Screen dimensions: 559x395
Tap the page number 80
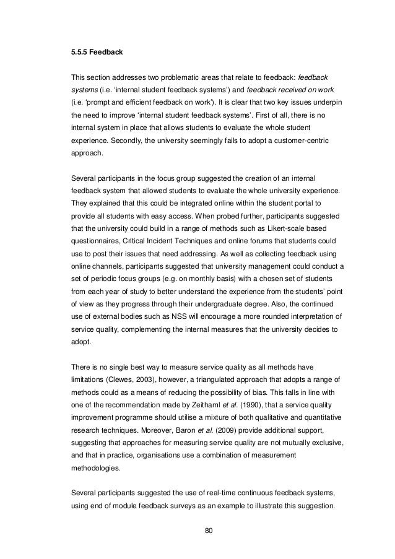(197, 529)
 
